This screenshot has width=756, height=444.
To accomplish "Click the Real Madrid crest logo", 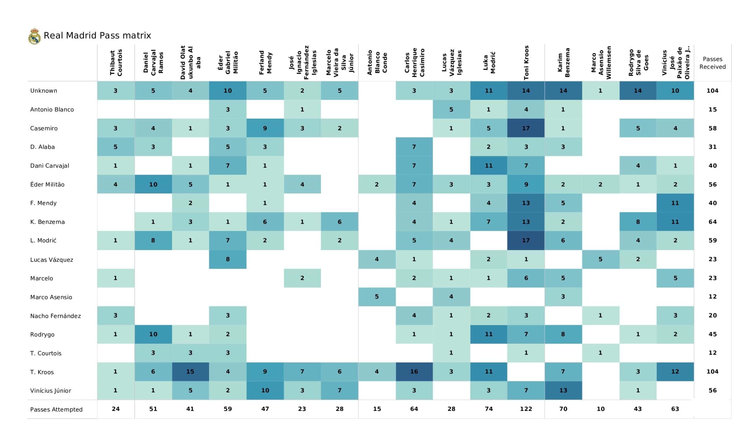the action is (35, 36).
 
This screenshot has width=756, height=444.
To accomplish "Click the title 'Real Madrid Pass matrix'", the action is (97, 35).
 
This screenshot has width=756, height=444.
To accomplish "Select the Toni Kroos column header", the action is (526, 63).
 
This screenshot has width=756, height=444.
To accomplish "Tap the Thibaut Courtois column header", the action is (116, 63).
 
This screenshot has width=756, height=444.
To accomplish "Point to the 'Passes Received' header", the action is (713, 63).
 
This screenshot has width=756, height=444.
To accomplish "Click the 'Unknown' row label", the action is (43, 91).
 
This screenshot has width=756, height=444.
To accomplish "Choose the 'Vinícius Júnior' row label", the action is (50, 391).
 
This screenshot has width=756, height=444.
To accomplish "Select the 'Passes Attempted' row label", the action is (56, 409).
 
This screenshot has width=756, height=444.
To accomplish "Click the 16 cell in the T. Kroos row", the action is (414, 372).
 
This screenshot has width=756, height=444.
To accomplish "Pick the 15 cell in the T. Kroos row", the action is (190, 372).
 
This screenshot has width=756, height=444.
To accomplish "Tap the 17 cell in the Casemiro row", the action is (526, 128).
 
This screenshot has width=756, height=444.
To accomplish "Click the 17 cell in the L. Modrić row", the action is (526, 240).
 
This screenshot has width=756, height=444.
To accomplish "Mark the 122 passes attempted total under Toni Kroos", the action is (526, 409).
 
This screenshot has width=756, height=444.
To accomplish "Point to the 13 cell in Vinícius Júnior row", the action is (563, 390).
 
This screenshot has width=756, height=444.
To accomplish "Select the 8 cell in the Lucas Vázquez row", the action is (228, 259).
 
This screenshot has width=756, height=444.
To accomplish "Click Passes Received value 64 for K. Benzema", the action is (713, 222).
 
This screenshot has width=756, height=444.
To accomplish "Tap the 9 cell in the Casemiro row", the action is (265, 128).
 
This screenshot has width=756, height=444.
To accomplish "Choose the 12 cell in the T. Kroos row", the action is (675, 372).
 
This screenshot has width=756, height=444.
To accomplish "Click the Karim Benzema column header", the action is (563, 63).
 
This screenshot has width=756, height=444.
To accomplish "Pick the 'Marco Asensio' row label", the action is (51, 297).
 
